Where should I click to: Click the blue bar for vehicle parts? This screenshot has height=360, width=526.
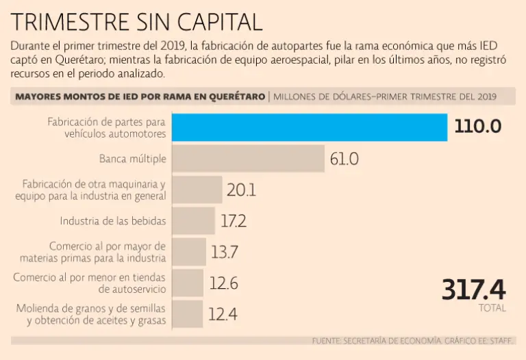point(309,127)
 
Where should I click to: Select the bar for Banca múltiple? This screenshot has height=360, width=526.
point(247,159)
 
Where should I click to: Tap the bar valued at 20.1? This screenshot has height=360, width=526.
point(197,190)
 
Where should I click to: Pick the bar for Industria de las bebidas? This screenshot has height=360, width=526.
point(194,220)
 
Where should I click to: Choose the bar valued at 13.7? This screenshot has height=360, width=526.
point(188,252)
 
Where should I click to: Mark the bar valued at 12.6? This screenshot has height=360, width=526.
point(187,283)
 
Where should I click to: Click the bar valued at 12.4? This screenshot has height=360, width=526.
point(187,314)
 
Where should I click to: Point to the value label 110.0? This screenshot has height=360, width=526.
point(479,127)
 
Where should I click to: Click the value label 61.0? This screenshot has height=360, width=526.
point(344,159)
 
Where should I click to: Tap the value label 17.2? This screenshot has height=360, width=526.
point(234,221)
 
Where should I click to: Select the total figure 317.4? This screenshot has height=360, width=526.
point(473,290)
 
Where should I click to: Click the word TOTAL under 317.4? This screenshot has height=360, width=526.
point(492,308)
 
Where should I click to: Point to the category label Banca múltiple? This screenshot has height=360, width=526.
point(132,159)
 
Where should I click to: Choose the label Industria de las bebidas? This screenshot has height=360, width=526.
point(113,221)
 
